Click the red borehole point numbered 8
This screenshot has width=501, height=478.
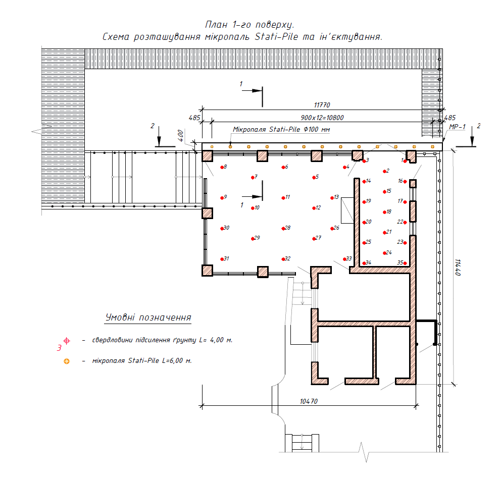click(x=222, y=167)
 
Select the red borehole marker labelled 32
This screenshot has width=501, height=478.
click(x=283, y=259)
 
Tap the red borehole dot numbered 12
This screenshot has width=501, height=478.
click(x=314, y=208)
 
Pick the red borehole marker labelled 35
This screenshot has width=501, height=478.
click(x=405, y=263)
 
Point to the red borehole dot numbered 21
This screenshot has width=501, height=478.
click(x=385, y=233)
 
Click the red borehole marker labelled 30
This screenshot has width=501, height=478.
click(x=222, y=229)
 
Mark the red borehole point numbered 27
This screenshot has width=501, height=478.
click(x=314, y=239)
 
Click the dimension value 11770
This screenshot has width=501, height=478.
click(x=322, y=105)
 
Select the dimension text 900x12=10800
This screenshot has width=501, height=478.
click(x=322, y=118)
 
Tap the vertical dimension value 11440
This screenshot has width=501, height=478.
click(x=458, y=268)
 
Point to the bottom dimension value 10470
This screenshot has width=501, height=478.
click(x=309, y=401)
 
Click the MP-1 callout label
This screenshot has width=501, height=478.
click(x=457, y=127)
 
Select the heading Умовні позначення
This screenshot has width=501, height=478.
click(x=148, y=317)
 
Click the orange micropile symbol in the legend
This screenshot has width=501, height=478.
click(x=67, y=361)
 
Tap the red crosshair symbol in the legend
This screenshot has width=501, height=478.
click(x=67, y=341)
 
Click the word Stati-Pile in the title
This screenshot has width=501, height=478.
click(x=276, y=37)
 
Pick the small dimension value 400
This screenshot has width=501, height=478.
click(x=181, y=135)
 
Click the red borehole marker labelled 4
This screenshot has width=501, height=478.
click(x=344, y=167)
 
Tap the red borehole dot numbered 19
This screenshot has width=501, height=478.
click(x=364, y=202)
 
